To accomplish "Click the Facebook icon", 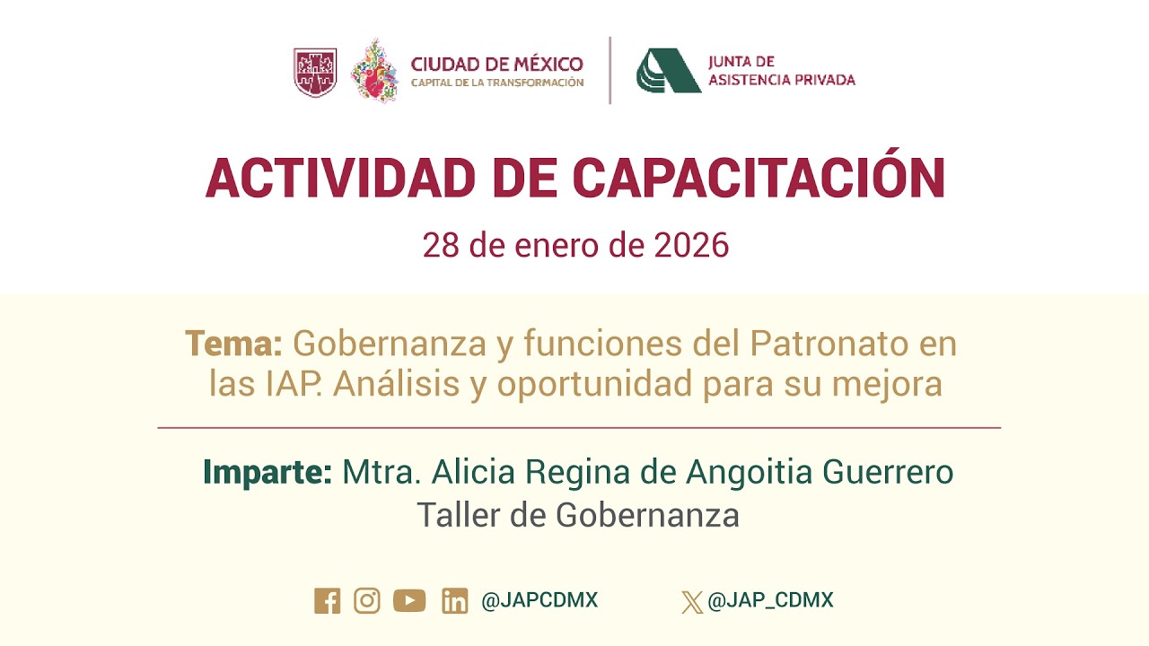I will (x=328, y=601).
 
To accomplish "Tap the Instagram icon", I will (x=367, y=600).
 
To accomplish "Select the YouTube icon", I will (x=409, y=600).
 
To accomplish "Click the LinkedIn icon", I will (x=455, y=601).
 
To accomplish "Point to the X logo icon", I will (x=692, y=601).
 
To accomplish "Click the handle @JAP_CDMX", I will (x=770, y=600).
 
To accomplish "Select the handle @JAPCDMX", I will (x=539, y=600).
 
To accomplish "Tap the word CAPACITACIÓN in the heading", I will (x=759, y=178).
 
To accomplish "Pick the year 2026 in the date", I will (x=691, y=245).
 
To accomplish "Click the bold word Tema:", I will (x=234, y=344).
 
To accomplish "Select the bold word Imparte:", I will (x=268, y=472).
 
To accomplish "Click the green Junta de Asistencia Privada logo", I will (x=668, y=71).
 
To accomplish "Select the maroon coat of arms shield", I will (x=315, y=72).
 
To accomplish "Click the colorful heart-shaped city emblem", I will (x=375, y=70).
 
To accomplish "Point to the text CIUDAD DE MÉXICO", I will (x=496, y=65).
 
